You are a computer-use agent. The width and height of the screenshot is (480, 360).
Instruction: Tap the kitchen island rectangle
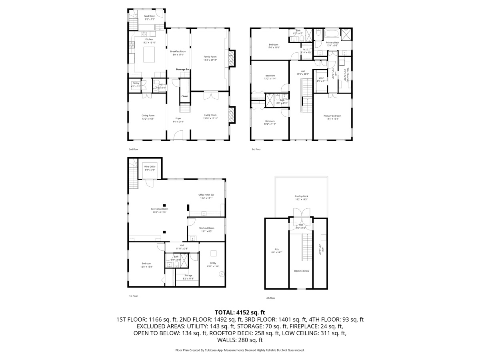[x=149, y=53]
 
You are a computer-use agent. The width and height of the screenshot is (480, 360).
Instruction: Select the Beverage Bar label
[x=183, y=70]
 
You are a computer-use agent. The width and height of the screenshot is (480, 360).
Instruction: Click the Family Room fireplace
[x=231, y=58]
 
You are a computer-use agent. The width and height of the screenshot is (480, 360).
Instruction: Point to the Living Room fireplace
[x=231, y=116]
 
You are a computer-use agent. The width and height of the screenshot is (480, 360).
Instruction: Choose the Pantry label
[x=136, y=83]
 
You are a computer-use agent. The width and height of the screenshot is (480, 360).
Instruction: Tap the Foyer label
[x=178, y=118]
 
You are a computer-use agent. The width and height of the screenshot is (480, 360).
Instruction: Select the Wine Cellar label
[x=150, y=166]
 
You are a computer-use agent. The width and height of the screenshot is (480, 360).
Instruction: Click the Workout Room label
[x=206, y=228]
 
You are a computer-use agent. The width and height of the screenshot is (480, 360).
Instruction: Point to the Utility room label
[x=213, y=263]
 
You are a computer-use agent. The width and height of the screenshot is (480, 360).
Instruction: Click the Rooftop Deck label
[x=301, y=196]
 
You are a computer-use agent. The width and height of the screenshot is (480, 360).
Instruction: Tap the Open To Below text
[x=301, y=271]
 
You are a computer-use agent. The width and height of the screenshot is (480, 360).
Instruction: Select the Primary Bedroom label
[x=332, y=116]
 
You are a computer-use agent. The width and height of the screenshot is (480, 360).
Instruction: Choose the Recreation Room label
[x=159, y=209]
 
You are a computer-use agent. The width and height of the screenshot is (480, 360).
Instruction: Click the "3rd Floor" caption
[x=256, y=149]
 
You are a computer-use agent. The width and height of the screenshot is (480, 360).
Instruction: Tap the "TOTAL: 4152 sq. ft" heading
[x=240, y=312]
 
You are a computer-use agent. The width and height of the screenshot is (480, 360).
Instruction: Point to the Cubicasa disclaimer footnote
[x=240, y=350]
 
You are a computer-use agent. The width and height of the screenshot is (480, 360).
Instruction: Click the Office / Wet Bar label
[x=206, y=195]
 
